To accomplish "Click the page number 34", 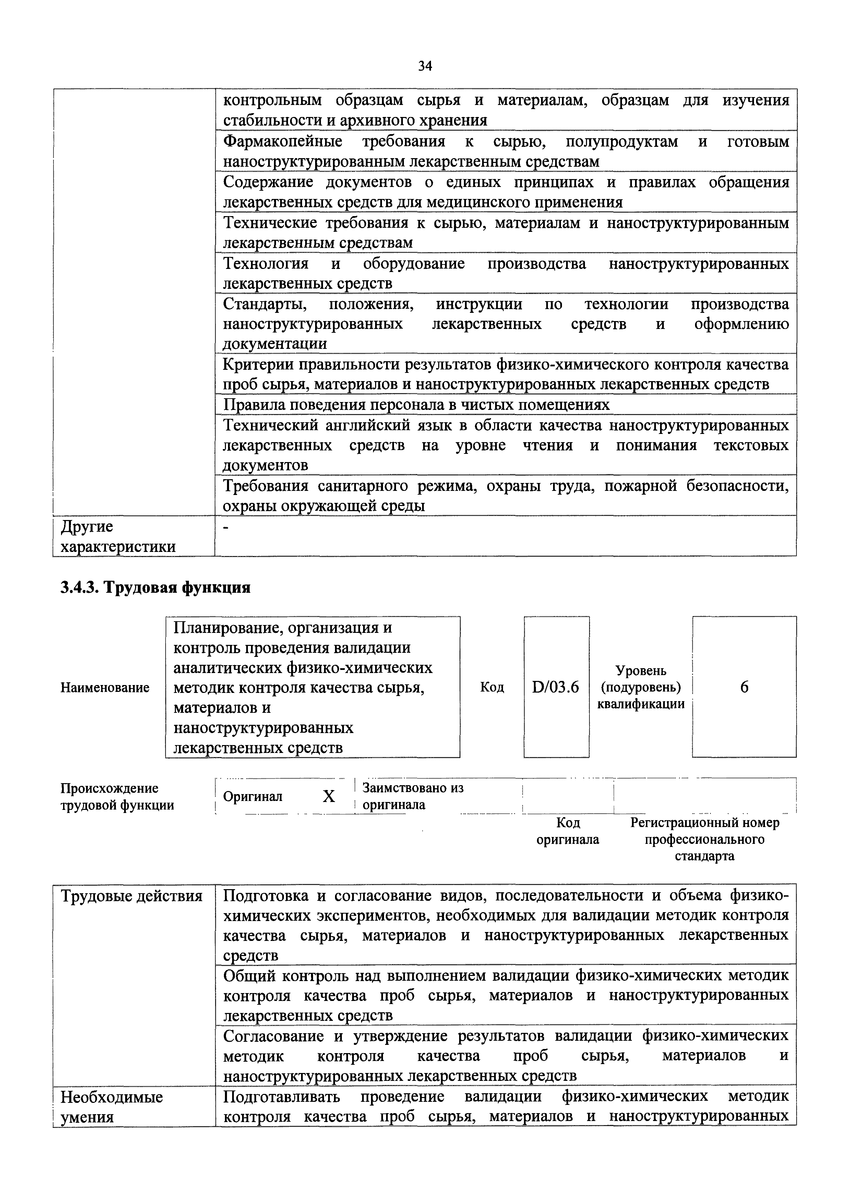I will [x=425, y=66].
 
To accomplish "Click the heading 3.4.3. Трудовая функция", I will [x=156, y=587].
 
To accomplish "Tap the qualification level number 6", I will [x=744, y=687].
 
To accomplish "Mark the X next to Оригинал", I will [x=328, y=797].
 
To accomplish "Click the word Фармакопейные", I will [x=283, y=141].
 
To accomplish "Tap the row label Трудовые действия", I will [x=131, y=896].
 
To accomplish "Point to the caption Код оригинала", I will [x=568, y=831].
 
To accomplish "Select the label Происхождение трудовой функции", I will [x=117, y=797].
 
